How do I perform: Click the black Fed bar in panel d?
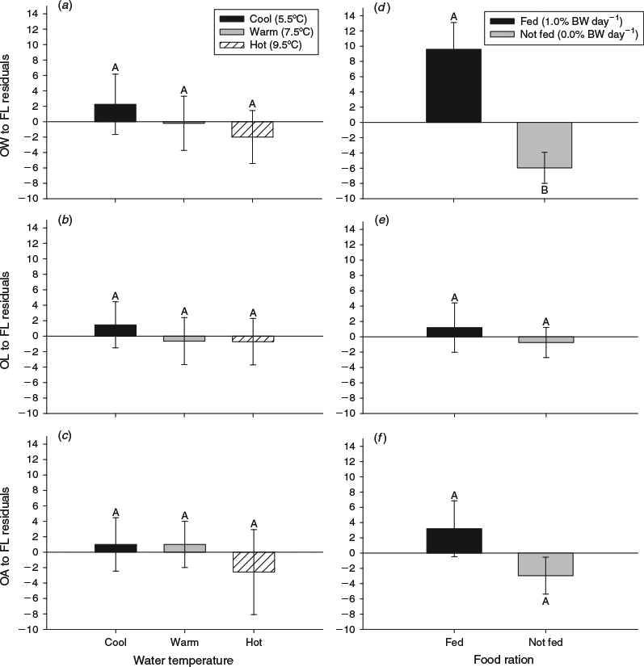tap(454, 86)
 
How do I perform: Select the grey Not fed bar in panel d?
tap(545, 145)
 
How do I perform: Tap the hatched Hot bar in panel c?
tap(253, 562)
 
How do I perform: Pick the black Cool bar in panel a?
tap(116, 113)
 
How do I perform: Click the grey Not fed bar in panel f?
tap(545, 564)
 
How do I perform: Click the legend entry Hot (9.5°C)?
tap(260, 45)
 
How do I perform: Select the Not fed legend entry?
tap(564, 34)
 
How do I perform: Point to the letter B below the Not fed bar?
tap(545, 190)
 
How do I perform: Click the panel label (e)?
tap(381, 220)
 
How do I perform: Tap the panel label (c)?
tap(65, 436)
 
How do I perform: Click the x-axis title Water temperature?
tap(183, 661)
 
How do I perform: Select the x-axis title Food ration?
tap(503, 660)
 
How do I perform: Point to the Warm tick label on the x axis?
tap(184, 642)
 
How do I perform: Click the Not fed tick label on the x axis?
tap(545, 642)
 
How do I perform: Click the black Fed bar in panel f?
tap(454, 541)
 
